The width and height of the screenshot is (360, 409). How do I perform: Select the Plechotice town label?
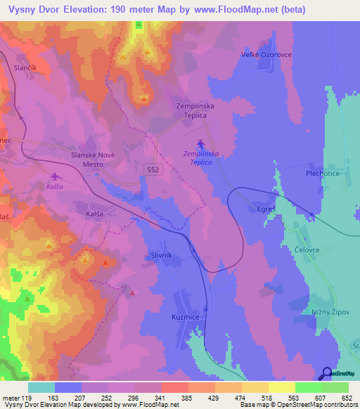pyautogui.click(x=304, y=172)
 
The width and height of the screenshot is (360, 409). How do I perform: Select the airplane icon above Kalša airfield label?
pyautogui.click(x=55, y=176)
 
